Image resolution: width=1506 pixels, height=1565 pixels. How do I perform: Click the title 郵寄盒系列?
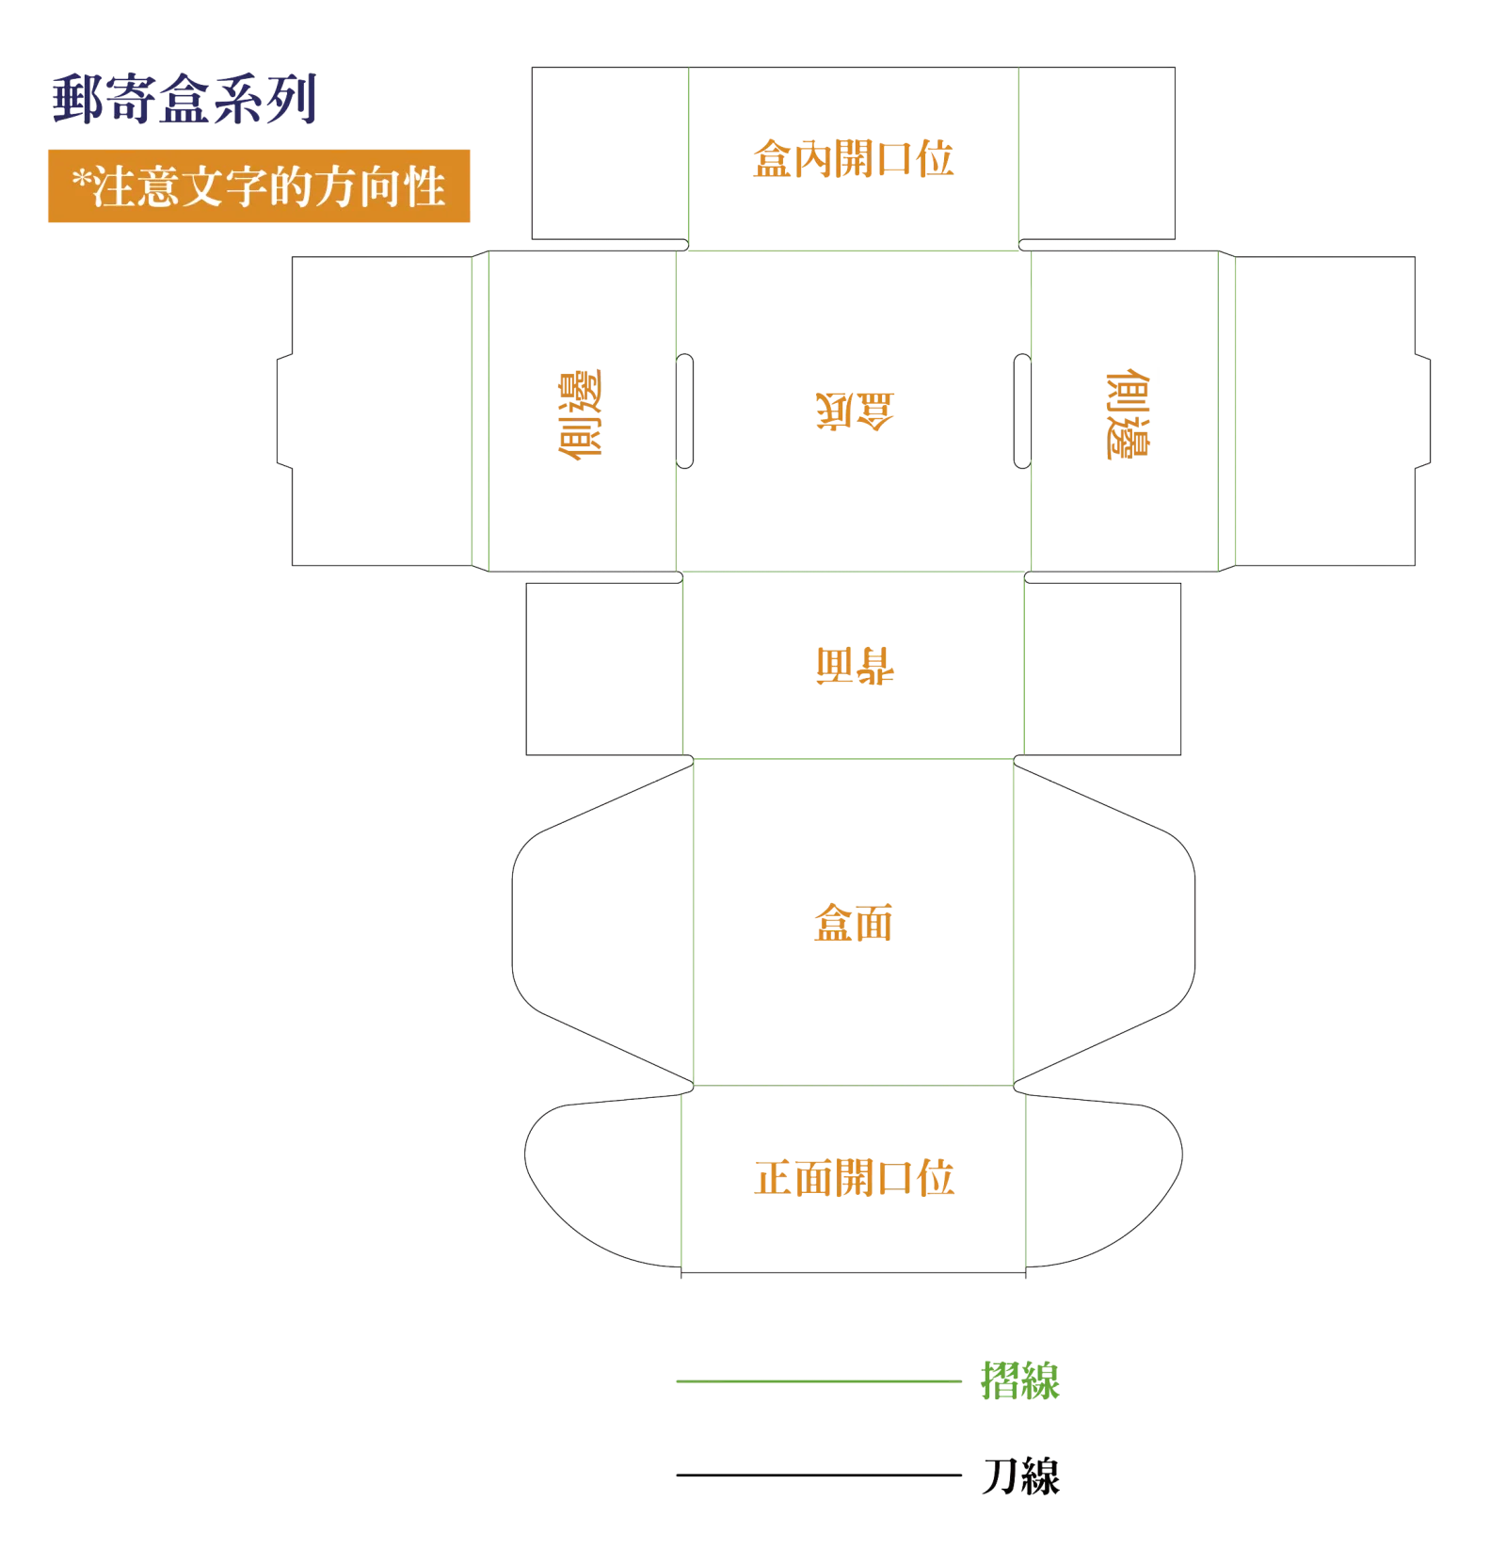(184, 99)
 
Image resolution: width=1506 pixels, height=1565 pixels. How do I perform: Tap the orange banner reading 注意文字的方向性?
(259, 186)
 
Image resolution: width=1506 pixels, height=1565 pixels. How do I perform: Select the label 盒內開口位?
(853, 158)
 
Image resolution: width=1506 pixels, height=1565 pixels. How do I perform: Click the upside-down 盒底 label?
(855, 411)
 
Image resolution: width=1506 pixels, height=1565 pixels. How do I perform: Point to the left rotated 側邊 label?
(579, 414)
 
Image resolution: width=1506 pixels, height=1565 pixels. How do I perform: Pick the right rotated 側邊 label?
(1127, 414)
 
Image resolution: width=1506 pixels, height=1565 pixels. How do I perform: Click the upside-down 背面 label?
(855, 665)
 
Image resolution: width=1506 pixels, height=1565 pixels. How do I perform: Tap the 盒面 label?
(853, 922)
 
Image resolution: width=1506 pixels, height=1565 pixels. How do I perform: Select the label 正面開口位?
(854, 1177)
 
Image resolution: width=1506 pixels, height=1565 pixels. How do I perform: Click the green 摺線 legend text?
(1020, 1380)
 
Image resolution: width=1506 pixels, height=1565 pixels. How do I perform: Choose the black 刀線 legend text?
(1020, 1475)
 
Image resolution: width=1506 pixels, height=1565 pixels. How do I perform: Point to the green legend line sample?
(818, 1380)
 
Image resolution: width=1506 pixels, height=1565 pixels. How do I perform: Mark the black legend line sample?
(818, 1475)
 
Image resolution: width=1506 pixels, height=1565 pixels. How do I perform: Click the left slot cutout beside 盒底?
(684, 411)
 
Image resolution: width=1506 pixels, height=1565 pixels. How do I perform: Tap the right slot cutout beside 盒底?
(1022, 411)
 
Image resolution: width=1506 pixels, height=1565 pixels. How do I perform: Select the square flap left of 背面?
(604, 669)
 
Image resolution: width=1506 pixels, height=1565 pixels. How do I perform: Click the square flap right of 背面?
(1102, 669)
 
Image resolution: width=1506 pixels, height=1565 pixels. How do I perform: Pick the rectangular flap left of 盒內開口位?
(610, 153)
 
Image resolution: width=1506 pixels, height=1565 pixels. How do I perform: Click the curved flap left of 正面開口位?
(603, 1181)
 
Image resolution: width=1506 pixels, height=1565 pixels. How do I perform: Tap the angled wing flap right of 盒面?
(1104, 924)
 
